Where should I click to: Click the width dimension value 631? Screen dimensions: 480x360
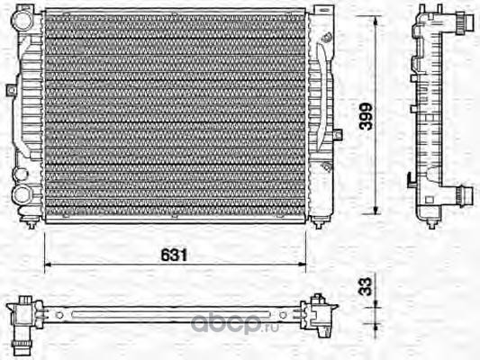(174, 255)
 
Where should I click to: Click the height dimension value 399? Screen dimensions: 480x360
(367, 116)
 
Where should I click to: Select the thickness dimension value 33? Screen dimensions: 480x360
(366, 286)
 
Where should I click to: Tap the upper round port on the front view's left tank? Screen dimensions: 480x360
(22, 19)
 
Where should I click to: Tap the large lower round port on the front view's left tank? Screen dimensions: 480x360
(21, 194)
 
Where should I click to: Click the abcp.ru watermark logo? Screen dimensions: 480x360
(235, 324)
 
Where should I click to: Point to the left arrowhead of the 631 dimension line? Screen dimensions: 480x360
(48, 264)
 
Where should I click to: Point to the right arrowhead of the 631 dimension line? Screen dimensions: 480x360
(303, 264)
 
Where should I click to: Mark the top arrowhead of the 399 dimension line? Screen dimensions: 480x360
(376, 20)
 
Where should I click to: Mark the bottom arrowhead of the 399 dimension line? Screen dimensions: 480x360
(376, 210)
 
